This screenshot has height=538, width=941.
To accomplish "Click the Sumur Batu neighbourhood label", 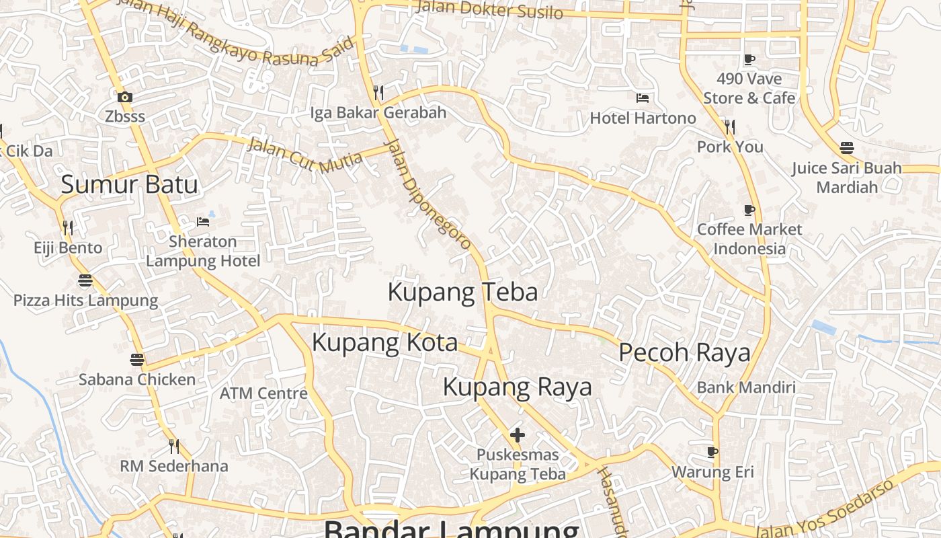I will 129,184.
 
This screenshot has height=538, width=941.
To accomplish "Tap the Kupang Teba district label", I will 462,293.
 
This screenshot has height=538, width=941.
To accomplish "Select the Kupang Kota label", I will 384,342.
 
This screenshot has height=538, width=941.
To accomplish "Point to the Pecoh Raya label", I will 684,352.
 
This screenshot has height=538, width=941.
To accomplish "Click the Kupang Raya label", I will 518,387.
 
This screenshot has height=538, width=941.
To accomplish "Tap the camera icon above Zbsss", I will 125,98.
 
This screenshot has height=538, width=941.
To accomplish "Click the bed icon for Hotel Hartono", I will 643,98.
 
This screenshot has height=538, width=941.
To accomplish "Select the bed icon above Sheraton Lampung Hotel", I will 203,221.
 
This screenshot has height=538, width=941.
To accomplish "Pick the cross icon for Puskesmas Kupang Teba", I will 517,435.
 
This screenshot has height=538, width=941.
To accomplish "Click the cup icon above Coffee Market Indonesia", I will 749,210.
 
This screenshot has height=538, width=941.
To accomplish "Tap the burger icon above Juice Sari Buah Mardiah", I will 847,148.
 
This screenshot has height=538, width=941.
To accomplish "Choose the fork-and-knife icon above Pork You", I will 730,126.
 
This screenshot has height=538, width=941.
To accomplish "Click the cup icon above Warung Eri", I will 712,452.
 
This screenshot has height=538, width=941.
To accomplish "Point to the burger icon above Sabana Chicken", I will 137,360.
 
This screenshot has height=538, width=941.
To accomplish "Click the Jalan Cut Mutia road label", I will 304,155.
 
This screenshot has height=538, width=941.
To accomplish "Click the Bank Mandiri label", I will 746,387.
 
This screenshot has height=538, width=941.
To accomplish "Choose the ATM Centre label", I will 263,393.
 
